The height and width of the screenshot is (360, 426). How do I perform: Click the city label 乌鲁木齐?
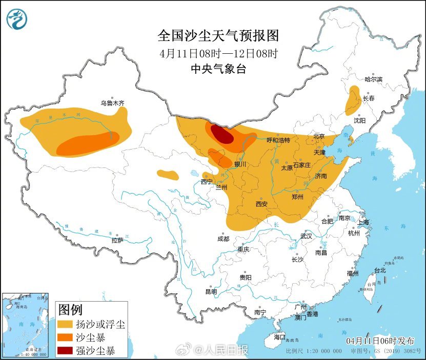[x=112, y=103]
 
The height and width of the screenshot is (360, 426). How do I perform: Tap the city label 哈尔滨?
[x=373, y=79]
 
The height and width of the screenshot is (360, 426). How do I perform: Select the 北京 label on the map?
[x=319, y=136]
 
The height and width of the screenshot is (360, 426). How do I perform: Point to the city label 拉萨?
[x=117, y=240]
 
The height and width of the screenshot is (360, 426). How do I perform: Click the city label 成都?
[x=223, y=239]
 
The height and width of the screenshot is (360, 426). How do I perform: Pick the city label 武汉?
[x=307, y=236]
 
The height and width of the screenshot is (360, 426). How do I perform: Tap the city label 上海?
[x=363, y=222]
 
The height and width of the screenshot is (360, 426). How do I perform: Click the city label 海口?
[x=279, y=337]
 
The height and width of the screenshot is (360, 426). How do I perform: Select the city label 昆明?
[x=211, y=291]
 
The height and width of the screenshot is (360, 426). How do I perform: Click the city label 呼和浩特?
[x=279, y=140]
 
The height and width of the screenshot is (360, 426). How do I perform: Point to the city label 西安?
[x=261, y=204]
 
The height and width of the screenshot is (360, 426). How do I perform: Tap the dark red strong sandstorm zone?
[x=221, y=134]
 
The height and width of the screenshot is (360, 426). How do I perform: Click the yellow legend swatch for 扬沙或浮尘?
[x=65, y=325]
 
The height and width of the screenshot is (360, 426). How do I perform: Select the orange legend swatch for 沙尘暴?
[x=65, y=338]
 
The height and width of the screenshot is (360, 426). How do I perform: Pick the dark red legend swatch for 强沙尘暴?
[x=65, y=351]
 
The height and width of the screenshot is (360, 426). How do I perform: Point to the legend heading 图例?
[x=70, y=310]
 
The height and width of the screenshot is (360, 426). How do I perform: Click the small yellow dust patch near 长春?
[x=353, y=99]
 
